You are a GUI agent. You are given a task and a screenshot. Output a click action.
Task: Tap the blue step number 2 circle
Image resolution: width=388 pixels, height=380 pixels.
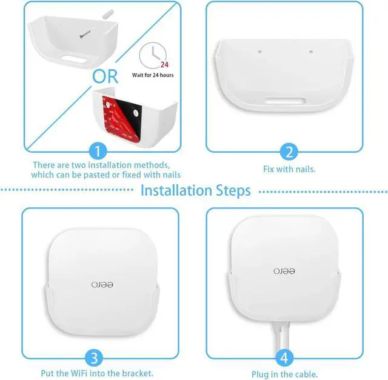click(289, 152)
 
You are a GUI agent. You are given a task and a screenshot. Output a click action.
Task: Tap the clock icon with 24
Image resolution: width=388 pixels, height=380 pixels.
click(152, 56)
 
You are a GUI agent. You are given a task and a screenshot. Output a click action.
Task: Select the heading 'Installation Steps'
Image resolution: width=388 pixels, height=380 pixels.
click(195, 191)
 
